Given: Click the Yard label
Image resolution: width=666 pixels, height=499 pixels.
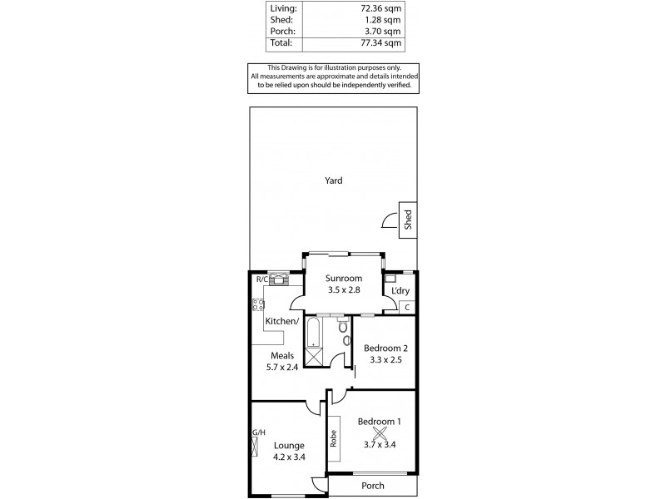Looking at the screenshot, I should click(x=333, y=180).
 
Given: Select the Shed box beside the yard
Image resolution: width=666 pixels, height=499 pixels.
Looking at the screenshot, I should click(x=408, y=220).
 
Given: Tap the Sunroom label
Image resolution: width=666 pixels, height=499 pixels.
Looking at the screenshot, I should click(x=344, y=279).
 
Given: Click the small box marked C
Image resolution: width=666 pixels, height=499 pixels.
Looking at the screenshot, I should click(x=407, y=308).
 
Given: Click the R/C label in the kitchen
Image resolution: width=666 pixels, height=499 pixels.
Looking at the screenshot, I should click(x=261, y=279).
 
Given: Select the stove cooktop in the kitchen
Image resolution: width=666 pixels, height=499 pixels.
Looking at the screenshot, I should click(x=258, y=304).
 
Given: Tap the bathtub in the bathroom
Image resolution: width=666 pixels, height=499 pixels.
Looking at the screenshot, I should click(x=313, y=333).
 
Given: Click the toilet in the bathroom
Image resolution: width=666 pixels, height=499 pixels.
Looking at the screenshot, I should click(x=346, y=339).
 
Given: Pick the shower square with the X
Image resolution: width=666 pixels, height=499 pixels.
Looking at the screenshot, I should click(x=313, y=357).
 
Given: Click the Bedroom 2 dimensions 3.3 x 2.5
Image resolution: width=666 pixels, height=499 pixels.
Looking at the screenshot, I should click(x=385, y=360).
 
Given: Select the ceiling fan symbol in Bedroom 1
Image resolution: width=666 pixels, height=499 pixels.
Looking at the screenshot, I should click(x=380, y=432).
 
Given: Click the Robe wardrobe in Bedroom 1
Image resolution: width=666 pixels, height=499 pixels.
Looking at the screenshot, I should click(x=334, y=437).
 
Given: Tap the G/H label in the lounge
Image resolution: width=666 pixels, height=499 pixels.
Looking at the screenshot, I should click(x=258, y=432).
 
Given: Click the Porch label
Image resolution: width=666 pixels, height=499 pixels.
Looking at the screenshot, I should click(x=372, y=485).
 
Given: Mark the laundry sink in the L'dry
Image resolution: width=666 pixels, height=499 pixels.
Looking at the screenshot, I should click(x=390, y=279).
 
